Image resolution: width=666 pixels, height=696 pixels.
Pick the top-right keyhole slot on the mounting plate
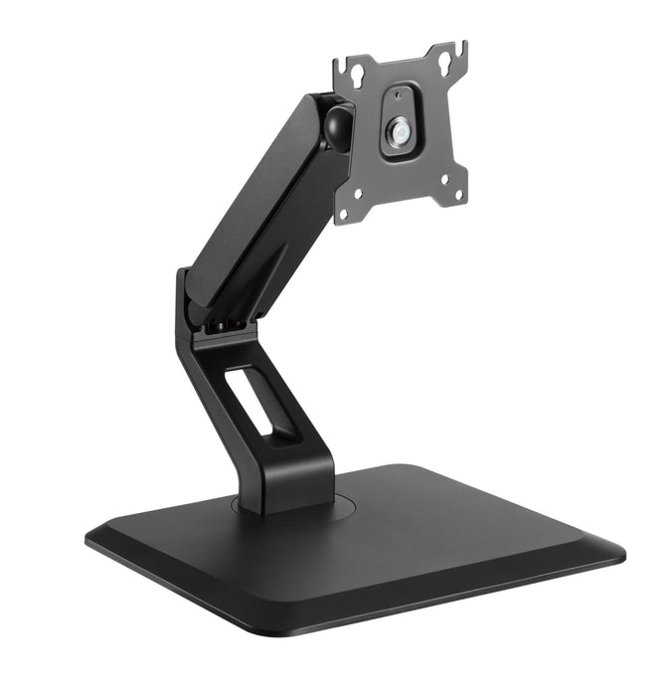445,61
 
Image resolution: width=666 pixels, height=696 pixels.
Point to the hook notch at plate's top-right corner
460,50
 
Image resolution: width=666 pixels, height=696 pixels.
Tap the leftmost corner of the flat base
89,538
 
